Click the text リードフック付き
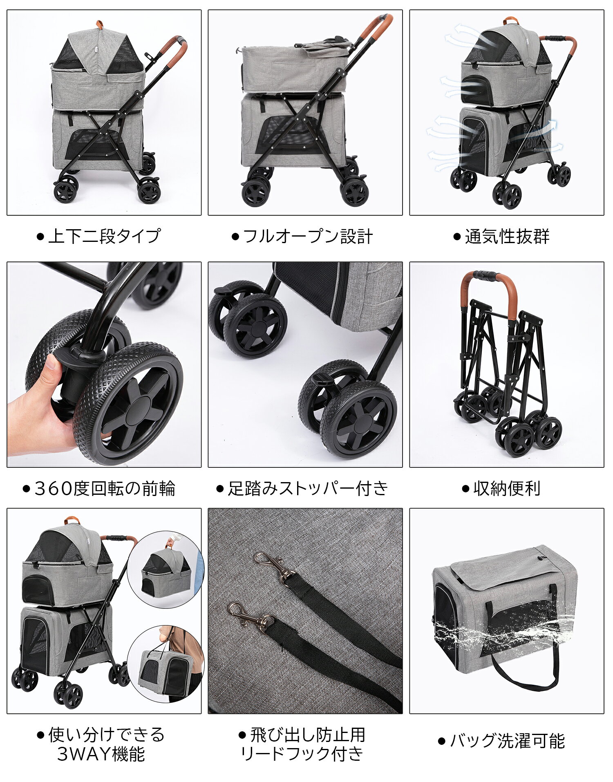[x=302, y=753]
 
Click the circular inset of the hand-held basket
[x=166, y=570]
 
